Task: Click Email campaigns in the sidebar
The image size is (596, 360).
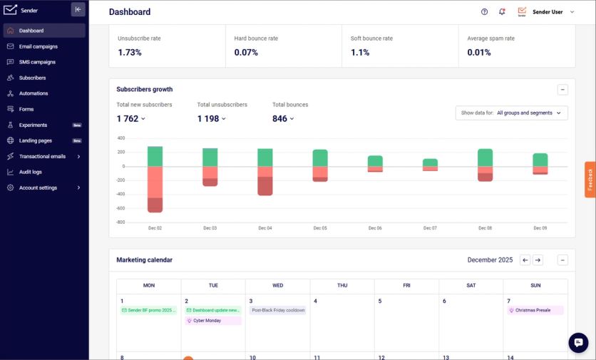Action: pos(38,46)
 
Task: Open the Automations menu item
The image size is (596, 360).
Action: pos(34,93)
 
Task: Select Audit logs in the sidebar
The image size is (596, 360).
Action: pos(30,172)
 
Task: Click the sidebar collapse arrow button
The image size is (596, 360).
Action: pos(78,10)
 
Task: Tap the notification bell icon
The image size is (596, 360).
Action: pos(502,12)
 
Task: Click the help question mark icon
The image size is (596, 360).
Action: pos(485,12)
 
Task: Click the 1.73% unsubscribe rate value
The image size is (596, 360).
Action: pos(130,53)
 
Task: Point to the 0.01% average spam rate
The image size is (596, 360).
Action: pos(479,53)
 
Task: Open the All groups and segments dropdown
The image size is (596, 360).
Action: pos(511,113)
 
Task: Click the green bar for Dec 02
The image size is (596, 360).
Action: pos(155,156)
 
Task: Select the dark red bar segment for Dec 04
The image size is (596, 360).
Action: pos(265,186)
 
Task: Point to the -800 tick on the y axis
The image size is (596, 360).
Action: pos(120,222)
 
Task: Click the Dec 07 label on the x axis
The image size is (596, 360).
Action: pos(430,228)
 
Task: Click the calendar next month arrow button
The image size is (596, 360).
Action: pos(538,260)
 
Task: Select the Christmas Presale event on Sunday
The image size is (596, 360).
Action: pos(535,310)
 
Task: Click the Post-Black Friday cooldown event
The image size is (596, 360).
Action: pos(277,310)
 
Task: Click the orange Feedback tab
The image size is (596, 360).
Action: pos(590,180)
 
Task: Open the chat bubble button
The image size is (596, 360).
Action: pos(578,343)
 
